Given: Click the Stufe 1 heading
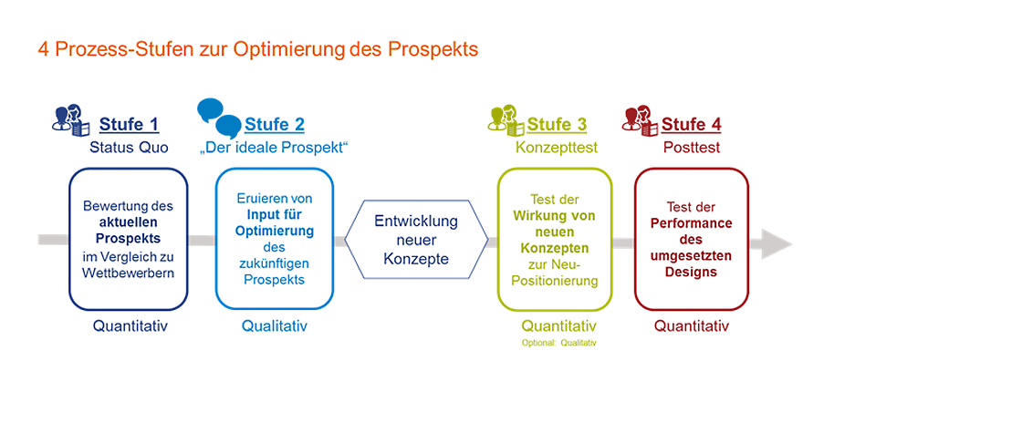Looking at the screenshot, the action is pos(129,124).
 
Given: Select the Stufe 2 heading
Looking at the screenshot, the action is pos(275,124).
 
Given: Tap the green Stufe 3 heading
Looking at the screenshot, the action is pos(557,124).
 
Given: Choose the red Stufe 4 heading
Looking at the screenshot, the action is pos(692,124).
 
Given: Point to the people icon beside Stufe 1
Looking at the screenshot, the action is pos(69,119).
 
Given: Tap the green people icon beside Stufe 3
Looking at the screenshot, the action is pos(506,119).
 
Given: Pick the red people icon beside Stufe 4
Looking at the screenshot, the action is pos(641,119).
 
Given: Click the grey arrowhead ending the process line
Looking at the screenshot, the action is pos(773,244).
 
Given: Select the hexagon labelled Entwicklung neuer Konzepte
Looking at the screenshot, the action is pos(416,240).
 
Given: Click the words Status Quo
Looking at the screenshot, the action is pos(129,148).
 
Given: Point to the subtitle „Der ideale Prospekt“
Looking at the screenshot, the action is pos(274,148).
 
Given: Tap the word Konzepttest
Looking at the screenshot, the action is pos(556,148).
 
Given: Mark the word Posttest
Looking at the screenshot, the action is pos(692,148).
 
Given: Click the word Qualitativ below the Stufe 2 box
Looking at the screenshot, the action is pos(275,325).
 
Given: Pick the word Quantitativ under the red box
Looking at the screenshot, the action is pos(692,325).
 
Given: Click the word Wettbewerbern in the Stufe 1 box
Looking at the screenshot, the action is pos(129,273).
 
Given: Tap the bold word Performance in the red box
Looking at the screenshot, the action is pos(692,223).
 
